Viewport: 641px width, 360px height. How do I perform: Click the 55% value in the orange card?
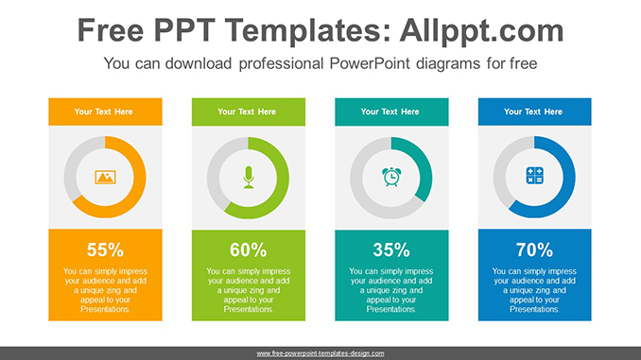pyautogui.click(x=105, y=250)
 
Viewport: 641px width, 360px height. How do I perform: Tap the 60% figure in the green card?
pyautogui.click(x=249, y=250)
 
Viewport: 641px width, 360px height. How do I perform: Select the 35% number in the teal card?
pyautogui.click(x=391, y=250)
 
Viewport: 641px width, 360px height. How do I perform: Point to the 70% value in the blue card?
pyautogui.click(x=534, y=250)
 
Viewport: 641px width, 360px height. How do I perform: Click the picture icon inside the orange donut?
pyautogui.click(x=105, y=177)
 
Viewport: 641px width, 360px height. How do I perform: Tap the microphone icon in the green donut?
pyautogui.click(x=249, y=177)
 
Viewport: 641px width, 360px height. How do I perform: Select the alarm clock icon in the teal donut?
pyautogui.click(x=391, y=177)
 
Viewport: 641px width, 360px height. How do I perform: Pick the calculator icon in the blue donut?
pyautogui.click(x=534, y=177)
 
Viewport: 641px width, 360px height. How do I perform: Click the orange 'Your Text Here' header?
pyautogui.click(x=104, y=111)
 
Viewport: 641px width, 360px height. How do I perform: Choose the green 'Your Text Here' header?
pyautogui.click(x=247, y=111)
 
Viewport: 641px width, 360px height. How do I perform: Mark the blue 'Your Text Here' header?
pyautogui.click(x=533, y=111)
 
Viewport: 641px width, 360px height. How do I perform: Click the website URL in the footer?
pyautogui.click(x=320, y=353)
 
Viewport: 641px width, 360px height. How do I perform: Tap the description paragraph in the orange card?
pyautogui.click(x=105, y=290)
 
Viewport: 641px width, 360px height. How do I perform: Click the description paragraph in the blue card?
pyautogui.click(x=534, y=290)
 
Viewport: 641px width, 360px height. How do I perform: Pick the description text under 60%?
pyautogui.click(x=249, y=290)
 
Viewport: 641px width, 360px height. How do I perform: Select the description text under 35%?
pyautogui.click(x=391, y=290)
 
